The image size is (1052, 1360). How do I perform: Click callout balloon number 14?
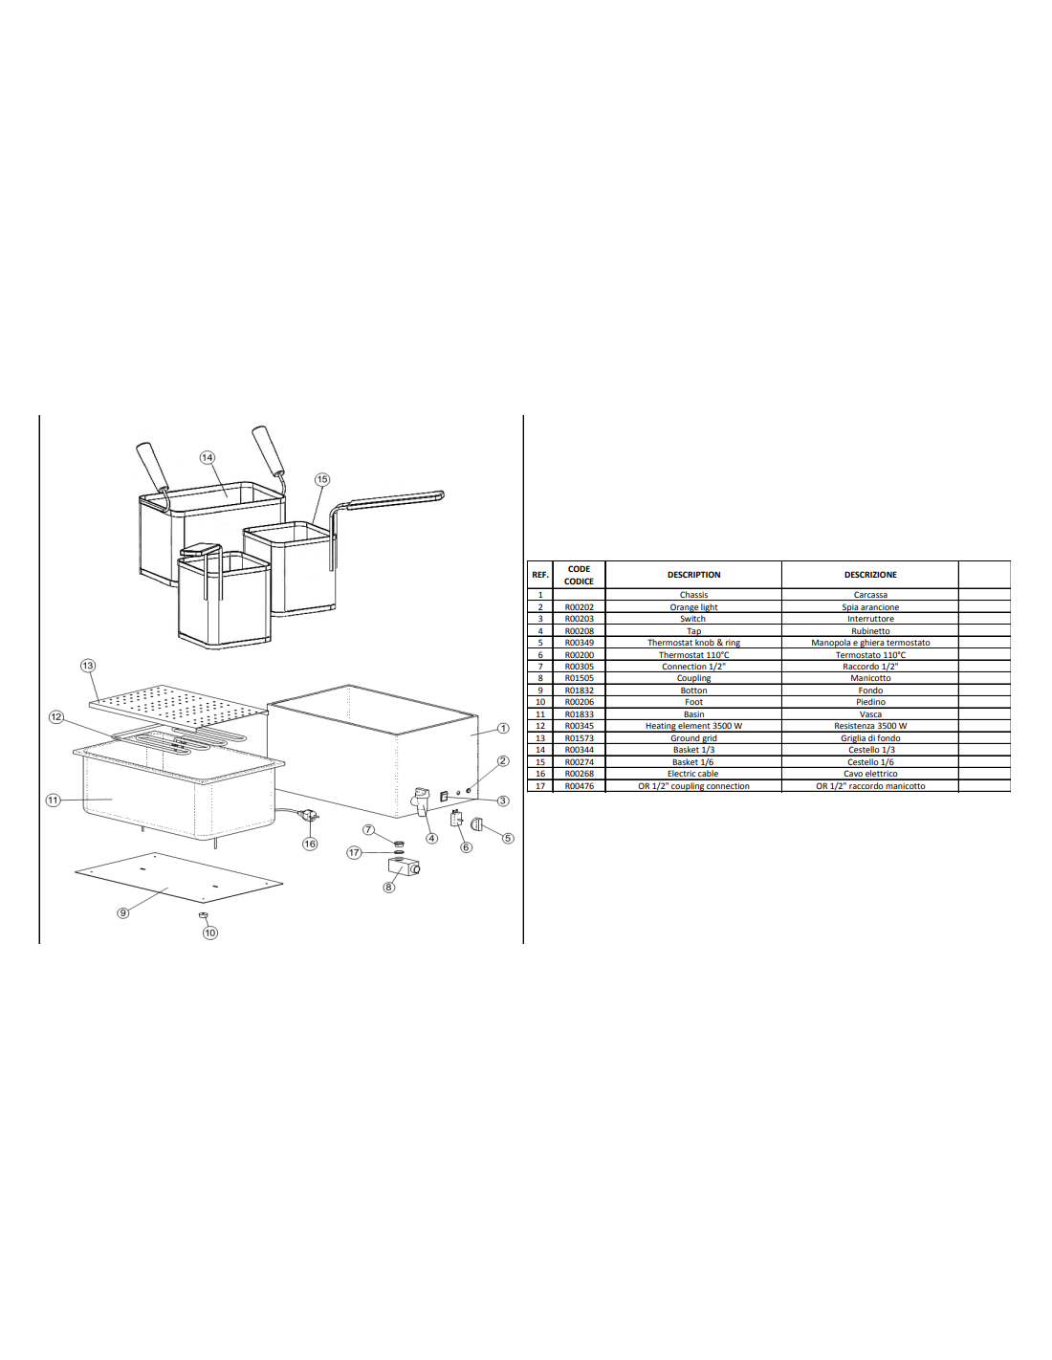tap(208, 457)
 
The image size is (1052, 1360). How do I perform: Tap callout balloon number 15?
tap(321, 479)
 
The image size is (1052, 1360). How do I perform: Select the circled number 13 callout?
tap(88, 666)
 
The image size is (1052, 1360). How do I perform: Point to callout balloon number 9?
tap(122, 912)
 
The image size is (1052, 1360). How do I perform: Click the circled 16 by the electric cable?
tap(310, 844)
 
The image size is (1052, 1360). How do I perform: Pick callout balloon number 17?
tap(354, 852)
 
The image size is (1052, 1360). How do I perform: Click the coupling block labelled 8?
tap(404, 867)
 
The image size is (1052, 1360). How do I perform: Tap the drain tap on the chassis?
tap(421, 802)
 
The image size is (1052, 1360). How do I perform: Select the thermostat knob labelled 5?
tap(477, 824)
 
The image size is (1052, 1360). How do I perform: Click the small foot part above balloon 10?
tap(203, 915)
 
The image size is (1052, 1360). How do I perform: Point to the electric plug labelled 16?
tap(311, 815)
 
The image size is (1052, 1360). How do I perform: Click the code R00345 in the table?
tap(579, 726)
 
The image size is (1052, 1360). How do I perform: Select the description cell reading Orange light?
tap(693, 607)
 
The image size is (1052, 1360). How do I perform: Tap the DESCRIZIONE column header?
tap(870, 575)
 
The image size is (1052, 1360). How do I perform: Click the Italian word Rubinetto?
tap(870, 631)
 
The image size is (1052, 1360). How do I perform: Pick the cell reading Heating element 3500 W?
tap(693, 726)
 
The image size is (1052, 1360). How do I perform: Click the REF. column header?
tap(540, 575)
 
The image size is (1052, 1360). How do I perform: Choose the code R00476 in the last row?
tap(579, 786)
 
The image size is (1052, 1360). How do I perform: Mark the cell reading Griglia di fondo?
tap(870, 738)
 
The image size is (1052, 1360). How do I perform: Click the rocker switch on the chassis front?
tap(444, 797)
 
